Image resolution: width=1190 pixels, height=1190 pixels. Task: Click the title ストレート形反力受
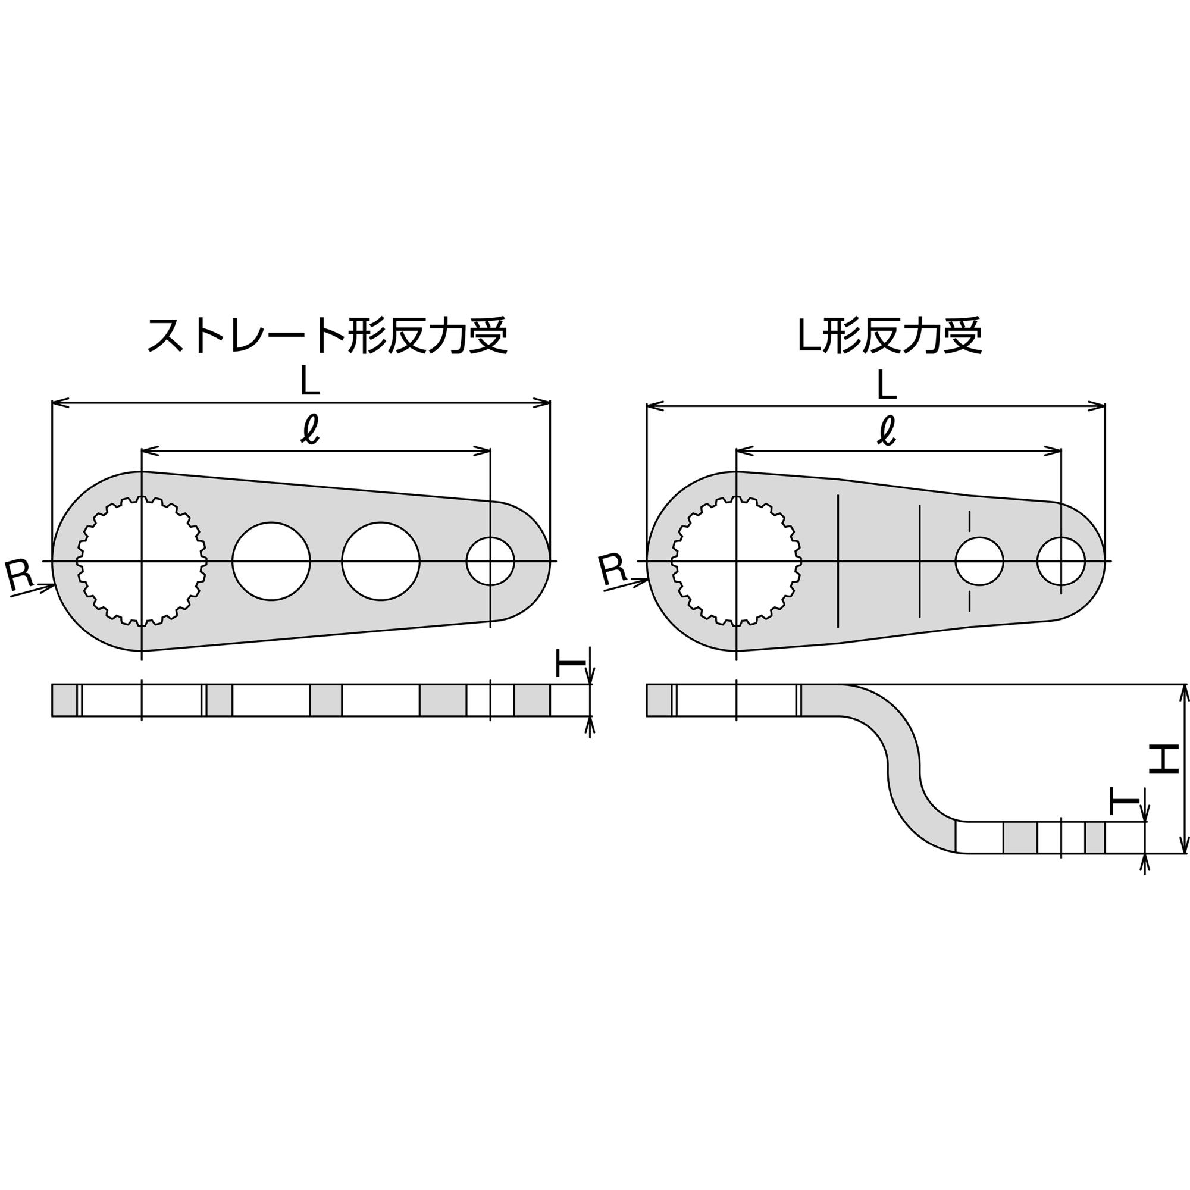327,336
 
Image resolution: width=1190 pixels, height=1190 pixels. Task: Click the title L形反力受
890,336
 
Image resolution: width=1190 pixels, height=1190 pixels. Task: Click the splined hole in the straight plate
142,561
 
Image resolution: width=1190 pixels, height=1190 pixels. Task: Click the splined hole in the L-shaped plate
737,561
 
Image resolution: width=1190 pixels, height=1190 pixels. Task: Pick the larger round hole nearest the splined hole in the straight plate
271,561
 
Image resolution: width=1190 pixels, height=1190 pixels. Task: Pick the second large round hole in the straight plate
381,561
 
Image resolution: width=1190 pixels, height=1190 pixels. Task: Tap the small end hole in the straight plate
490,561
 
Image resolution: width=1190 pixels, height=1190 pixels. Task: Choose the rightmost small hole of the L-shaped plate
1061,561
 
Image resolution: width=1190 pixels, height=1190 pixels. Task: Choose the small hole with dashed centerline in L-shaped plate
979,561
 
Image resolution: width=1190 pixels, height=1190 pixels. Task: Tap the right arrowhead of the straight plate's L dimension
543,403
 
